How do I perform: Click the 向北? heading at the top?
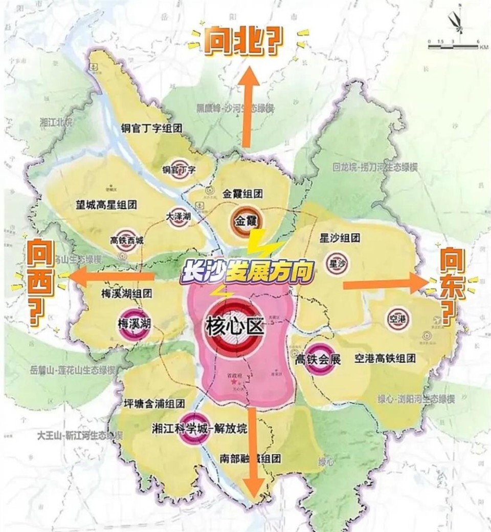(243, 42)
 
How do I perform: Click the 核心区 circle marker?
(234, 326)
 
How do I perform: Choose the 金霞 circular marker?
(245, 222)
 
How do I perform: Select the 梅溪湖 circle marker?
(133, 324)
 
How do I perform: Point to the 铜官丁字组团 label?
(151, 127)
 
